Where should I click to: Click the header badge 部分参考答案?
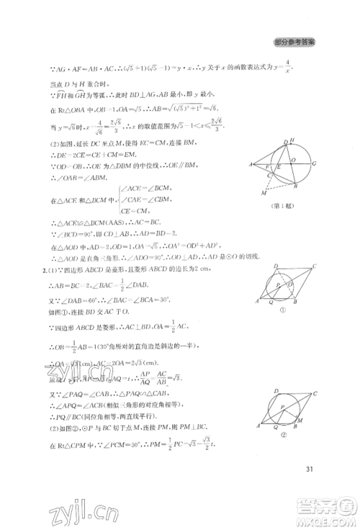click(x=295, y=42)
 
